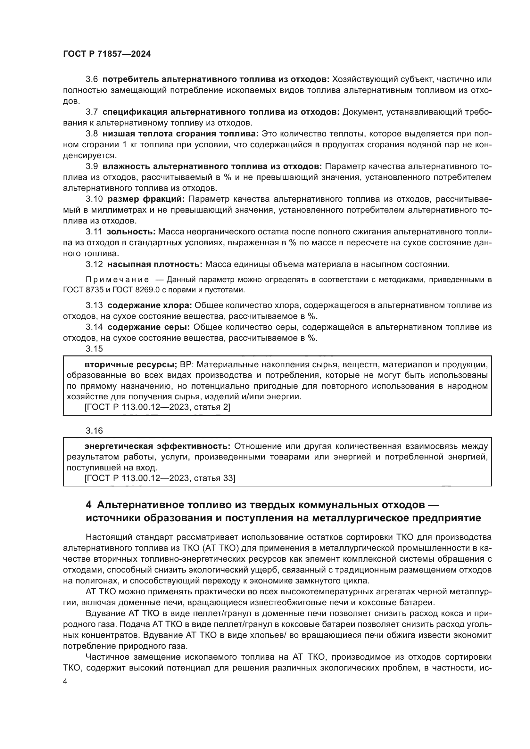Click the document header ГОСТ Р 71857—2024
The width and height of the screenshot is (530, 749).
[x=107, y=54]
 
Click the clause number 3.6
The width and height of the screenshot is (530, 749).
[x=92, y=79]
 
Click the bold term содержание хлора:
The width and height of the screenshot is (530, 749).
[x=150, y=305]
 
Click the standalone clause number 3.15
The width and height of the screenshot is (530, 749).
[x=94, y=349]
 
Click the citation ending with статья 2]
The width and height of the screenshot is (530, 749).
[x=157, y=407]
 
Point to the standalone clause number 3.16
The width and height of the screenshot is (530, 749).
[x=94, y=431]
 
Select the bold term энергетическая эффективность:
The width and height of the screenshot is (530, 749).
[x=157, y=446]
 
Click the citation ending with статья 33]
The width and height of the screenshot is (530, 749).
[x=160, y=478]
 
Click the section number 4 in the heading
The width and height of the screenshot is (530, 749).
[x=88, y=505]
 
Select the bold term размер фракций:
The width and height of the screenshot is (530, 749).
[x=146, y=199]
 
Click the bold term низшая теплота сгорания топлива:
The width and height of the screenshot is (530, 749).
[x=180, y=134]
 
